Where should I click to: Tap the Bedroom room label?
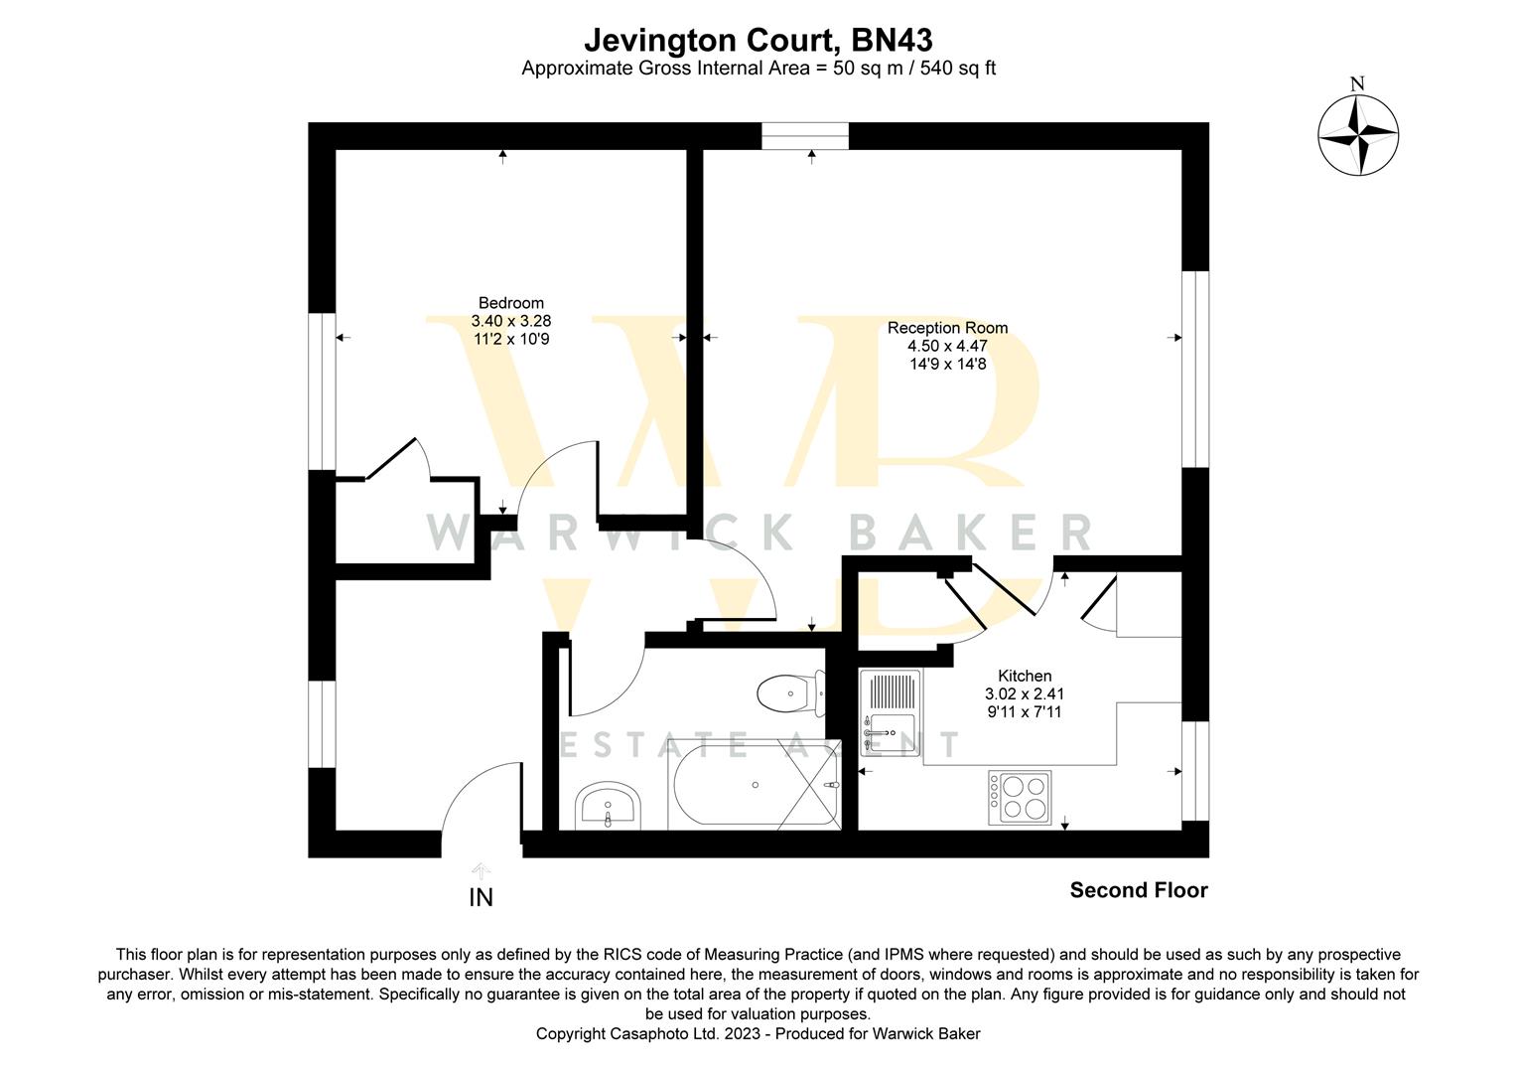510,303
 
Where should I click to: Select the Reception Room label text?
947,328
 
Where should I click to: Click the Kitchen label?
1024,676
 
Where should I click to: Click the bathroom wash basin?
608,804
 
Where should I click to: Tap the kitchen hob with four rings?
1018,797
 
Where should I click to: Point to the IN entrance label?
481,898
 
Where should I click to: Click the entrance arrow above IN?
481,871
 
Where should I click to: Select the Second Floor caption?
1138,891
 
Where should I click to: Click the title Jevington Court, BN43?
758,41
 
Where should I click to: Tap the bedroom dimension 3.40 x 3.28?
510,321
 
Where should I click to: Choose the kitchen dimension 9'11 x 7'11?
1024,711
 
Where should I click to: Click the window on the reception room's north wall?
805,136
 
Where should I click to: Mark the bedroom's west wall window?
322,391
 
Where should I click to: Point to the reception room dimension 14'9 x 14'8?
947,364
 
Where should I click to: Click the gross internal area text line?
758,69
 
